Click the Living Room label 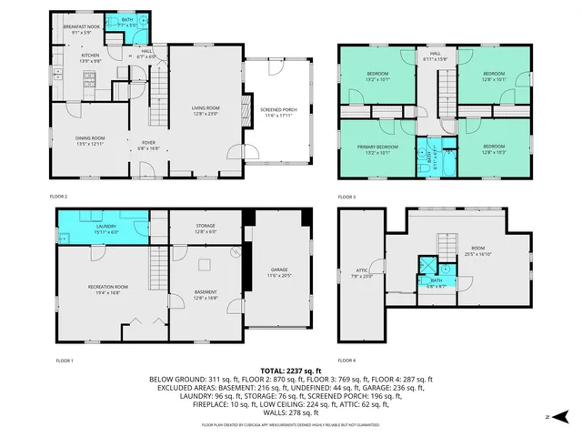206,110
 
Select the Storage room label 206,229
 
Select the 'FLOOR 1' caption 65,361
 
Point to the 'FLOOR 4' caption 347,361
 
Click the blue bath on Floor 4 437,269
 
